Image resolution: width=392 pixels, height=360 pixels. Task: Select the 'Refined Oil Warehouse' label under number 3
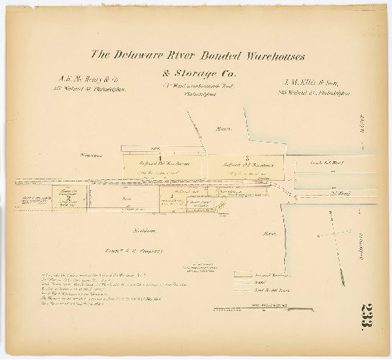click(247, 165)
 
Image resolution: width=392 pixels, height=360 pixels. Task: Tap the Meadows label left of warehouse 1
click(91, 155)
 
